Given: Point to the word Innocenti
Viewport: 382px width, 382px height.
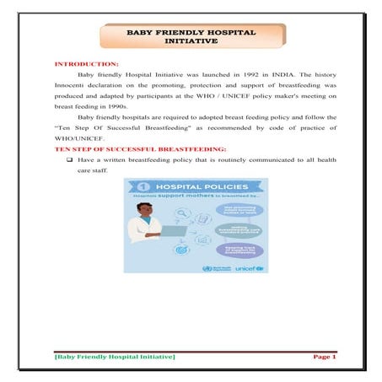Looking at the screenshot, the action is coord(71,86).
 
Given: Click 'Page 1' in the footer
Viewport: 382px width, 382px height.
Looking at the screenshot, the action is coord(324,357).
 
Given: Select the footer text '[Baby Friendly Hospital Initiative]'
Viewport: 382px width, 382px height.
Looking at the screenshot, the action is coord(115,358).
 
